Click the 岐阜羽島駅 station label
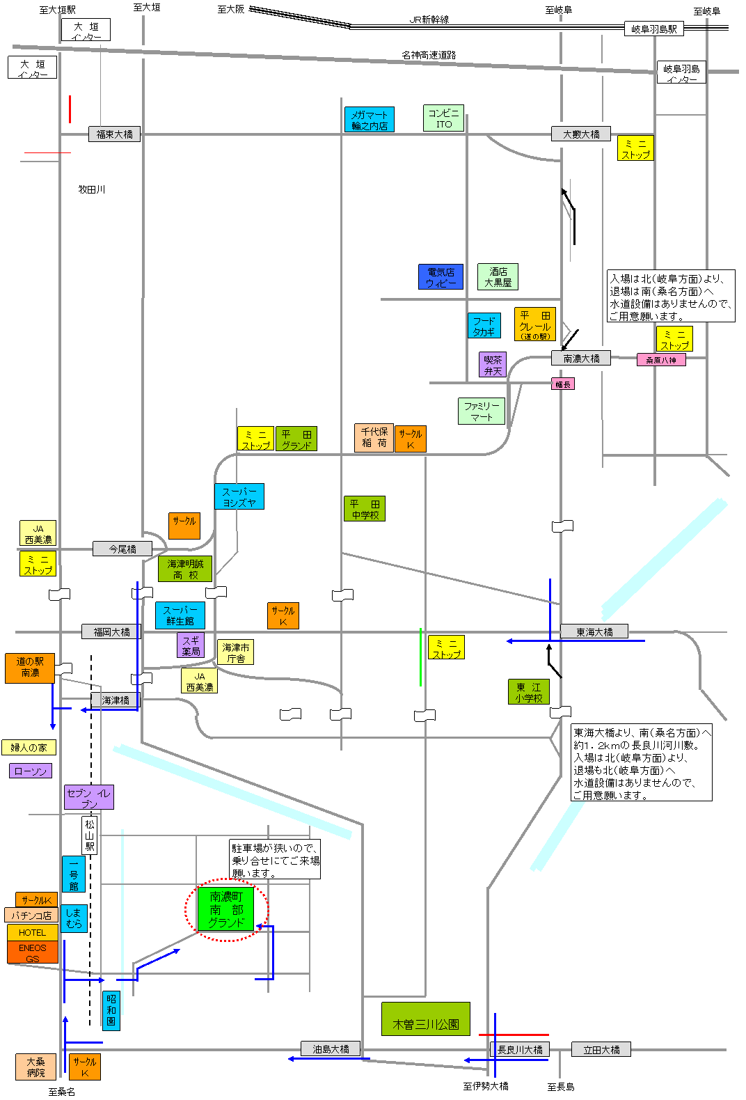653,29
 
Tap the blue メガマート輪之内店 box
369,120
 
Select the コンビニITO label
443,118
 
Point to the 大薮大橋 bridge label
581,134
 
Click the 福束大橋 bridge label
114,134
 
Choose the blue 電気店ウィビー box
441,277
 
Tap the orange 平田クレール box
534,324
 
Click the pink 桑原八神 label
660,360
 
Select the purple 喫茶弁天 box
493,365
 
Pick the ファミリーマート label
481,411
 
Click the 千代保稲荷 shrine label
374,437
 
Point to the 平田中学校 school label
365,509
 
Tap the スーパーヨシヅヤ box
239,496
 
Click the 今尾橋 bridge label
122,549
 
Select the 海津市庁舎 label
236,652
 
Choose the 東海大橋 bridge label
594,631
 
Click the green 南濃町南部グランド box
226,909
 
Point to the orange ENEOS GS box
32,952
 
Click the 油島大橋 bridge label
331,1049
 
